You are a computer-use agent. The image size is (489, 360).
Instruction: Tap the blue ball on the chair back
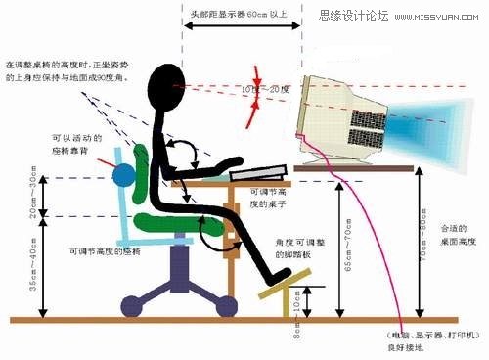125,177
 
